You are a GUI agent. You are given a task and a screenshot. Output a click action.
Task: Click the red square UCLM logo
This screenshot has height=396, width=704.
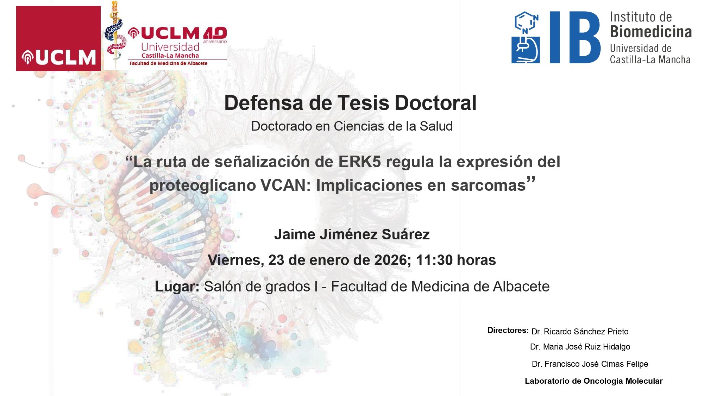pos(58,38)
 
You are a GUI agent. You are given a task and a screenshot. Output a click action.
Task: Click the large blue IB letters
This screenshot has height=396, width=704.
pos(574,37)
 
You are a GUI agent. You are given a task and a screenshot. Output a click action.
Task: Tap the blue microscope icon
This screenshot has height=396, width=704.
pos(526,49)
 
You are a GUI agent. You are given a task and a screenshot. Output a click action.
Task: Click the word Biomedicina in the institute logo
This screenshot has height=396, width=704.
pos(650,32)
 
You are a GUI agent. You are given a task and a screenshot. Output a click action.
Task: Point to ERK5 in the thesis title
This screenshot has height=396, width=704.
pos(359,162)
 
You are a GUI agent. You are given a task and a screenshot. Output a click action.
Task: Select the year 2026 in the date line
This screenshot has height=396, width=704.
pos(390,260)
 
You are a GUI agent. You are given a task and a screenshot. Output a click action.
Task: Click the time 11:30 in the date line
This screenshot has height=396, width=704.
pos(434,260)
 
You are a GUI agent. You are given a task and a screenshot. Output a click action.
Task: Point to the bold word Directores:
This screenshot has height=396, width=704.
pos(508,330)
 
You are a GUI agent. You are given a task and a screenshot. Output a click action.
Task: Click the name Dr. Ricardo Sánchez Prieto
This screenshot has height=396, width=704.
pos(580,332)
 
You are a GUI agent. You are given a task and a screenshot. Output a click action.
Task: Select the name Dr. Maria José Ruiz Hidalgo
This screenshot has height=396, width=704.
pos(580,347)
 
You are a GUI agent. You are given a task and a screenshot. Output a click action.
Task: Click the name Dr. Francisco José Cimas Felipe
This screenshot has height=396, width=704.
pos(590,364)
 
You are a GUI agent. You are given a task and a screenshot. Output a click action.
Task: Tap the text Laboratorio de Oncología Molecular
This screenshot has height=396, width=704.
pos(593,381)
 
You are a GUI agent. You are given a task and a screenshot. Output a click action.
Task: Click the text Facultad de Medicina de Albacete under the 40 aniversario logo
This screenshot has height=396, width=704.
pos(168,63)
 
